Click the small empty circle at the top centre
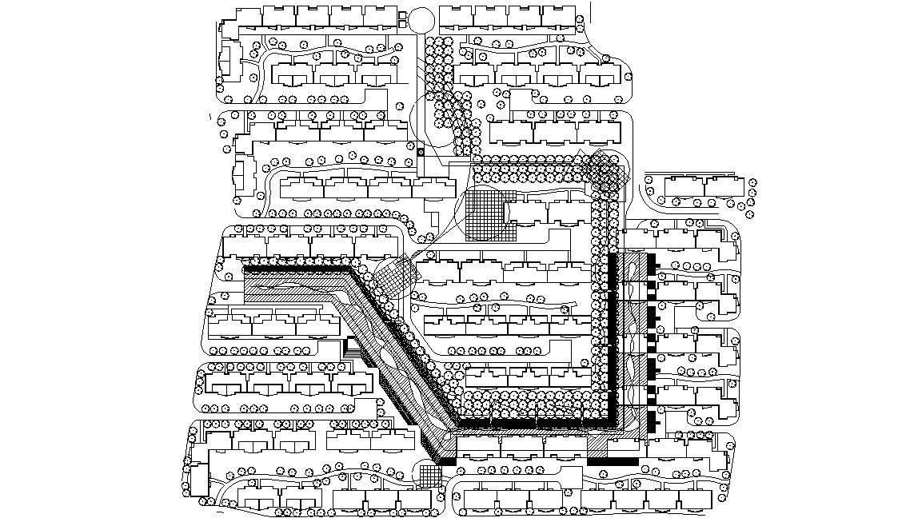[x=423, y=21]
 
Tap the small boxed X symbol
[x=421, y=152]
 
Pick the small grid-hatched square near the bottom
[x=429, y=475]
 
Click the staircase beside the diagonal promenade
[x=351, y=349]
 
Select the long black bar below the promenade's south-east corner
[x=613, y=461]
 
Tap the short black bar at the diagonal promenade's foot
[x=445, y=461]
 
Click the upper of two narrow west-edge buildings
[x=227, y=60]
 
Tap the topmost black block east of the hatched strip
[x=651, y=261]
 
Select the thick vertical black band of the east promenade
[x=613, y=336]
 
